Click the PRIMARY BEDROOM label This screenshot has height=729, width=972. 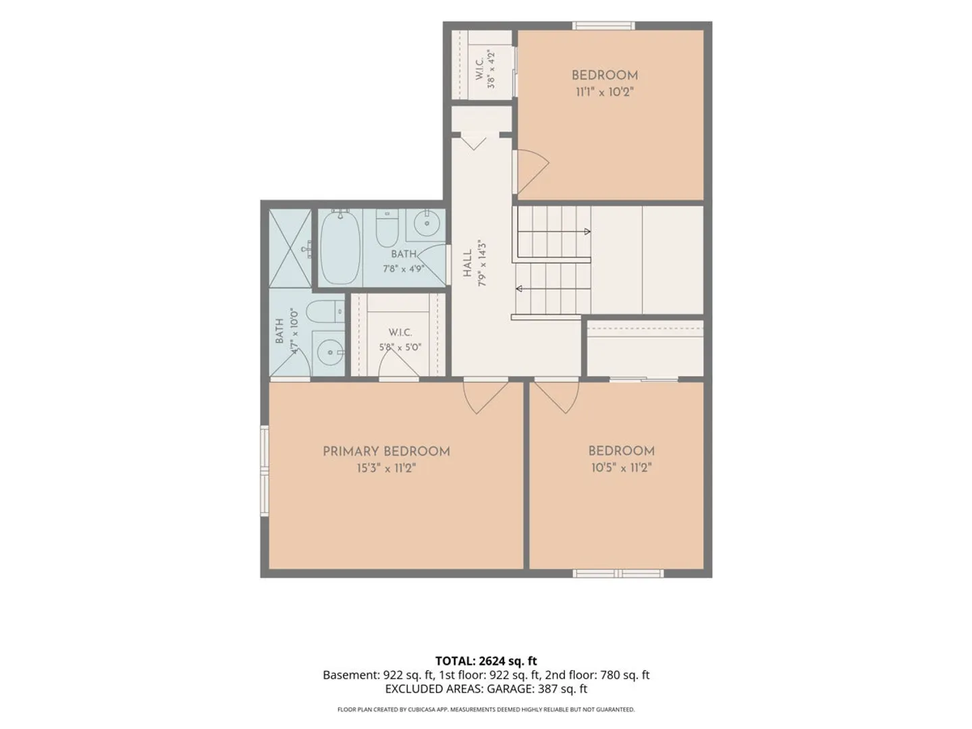coord(386,452)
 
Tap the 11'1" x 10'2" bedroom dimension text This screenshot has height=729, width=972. coord(604,92)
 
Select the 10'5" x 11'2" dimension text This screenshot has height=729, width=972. coord(621,468)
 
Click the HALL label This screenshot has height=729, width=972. coord(468,263)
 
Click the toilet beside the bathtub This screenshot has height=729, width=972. coord(387,228)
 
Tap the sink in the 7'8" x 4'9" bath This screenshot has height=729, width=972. coord(427,223)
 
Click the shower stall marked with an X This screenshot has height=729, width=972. coord(290,248)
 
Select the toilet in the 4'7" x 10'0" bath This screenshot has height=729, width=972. coord(326,312)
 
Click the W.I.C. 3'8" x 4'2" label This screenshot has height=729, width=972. coord(485,70)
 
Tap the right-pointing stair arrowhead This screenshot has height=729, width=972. coord(587,232)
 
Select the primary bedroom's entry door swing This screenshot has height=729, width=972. coord(485,397)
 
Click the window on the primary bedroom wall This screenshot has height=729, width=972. coord(265,470)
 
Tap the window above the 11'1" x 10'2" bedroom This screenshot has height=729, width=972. coord(603,26)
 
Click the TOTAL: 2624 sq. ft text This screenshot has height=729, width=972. coord(486,661)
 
